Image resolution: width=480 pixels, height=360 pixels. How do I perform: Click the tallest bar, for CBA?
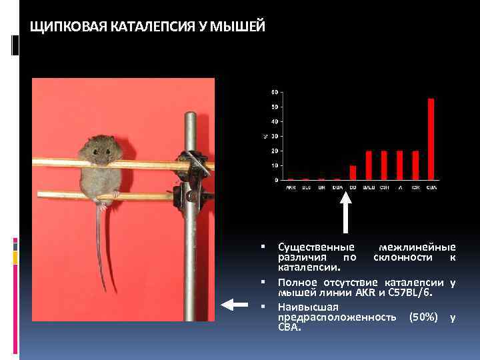[431, 139]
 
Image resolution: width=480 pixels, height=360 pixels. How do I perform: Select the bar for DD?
[353, 173]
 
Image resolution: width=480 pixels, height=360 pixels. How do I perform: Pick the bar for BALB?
[369, 165]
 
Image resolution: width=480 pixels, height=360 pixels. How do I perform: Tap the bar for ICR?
[415, 165]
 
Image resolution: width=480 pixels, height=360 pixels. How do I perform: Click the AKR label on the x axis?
[290, 187]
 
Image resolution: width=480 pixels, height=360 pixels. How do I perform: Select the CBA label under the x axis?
[431, 187]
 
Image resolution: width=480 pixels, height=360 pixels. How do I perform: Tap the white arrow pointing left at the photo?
[234, 305]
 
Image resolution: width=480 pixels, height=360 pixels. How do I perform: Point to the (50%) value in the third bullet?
[423, 317]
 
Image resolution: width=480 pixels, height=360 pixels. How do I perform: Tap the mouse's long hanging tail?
[101, 253]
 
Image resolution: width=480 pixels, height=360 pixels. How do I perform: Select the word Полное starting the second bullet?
[297, 282]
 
